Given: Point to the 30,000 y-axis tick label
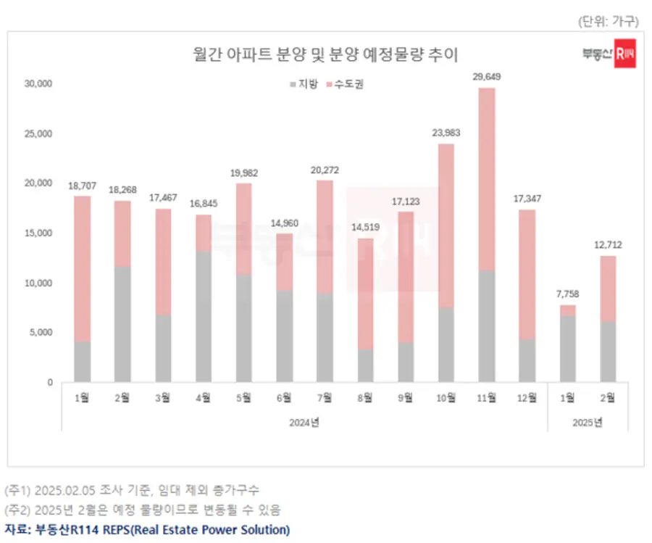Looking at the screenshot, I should [38, 84].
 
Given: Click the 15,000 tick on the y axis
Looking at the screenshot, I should [38, 233].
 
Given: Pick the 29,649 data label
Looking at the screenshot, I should [487, 76].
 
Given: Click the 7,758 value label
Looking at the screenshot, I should [568, 294].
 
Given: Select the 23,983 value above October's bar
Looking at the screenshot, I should [446, 133].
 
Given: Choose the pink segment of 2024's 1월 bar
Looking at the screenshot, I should [83, 268].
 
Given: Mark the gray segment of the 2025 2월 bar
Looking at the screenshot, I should [608, 352].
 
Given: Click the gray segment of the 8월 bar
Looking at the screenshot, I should [365, 366].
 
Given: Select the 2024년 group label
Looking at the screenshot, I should [304, 422].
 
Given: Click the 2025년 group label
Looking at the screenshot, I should [588, 422].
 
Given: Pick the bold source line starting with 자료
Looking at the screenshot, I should [147, 529].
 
